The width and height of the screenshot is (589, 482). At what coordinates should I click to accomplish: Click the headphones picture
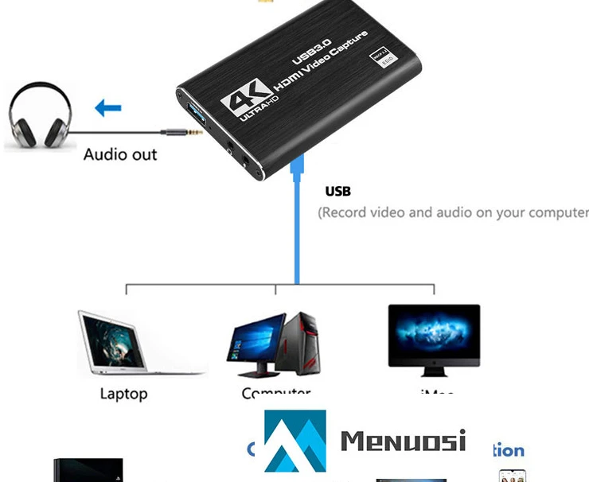point(40,119)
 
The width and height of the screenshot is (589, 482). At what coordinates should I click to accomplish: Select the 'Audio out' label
point(120,154)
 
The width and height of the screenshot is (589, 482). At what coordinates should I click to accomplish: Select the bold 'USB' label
point(337,191)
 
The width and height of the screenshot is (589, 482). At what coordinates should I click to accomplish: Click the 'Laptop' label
point(123,394)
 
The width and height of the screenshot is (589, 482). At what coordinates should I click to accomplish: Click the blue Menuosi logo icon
point(294,441)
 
